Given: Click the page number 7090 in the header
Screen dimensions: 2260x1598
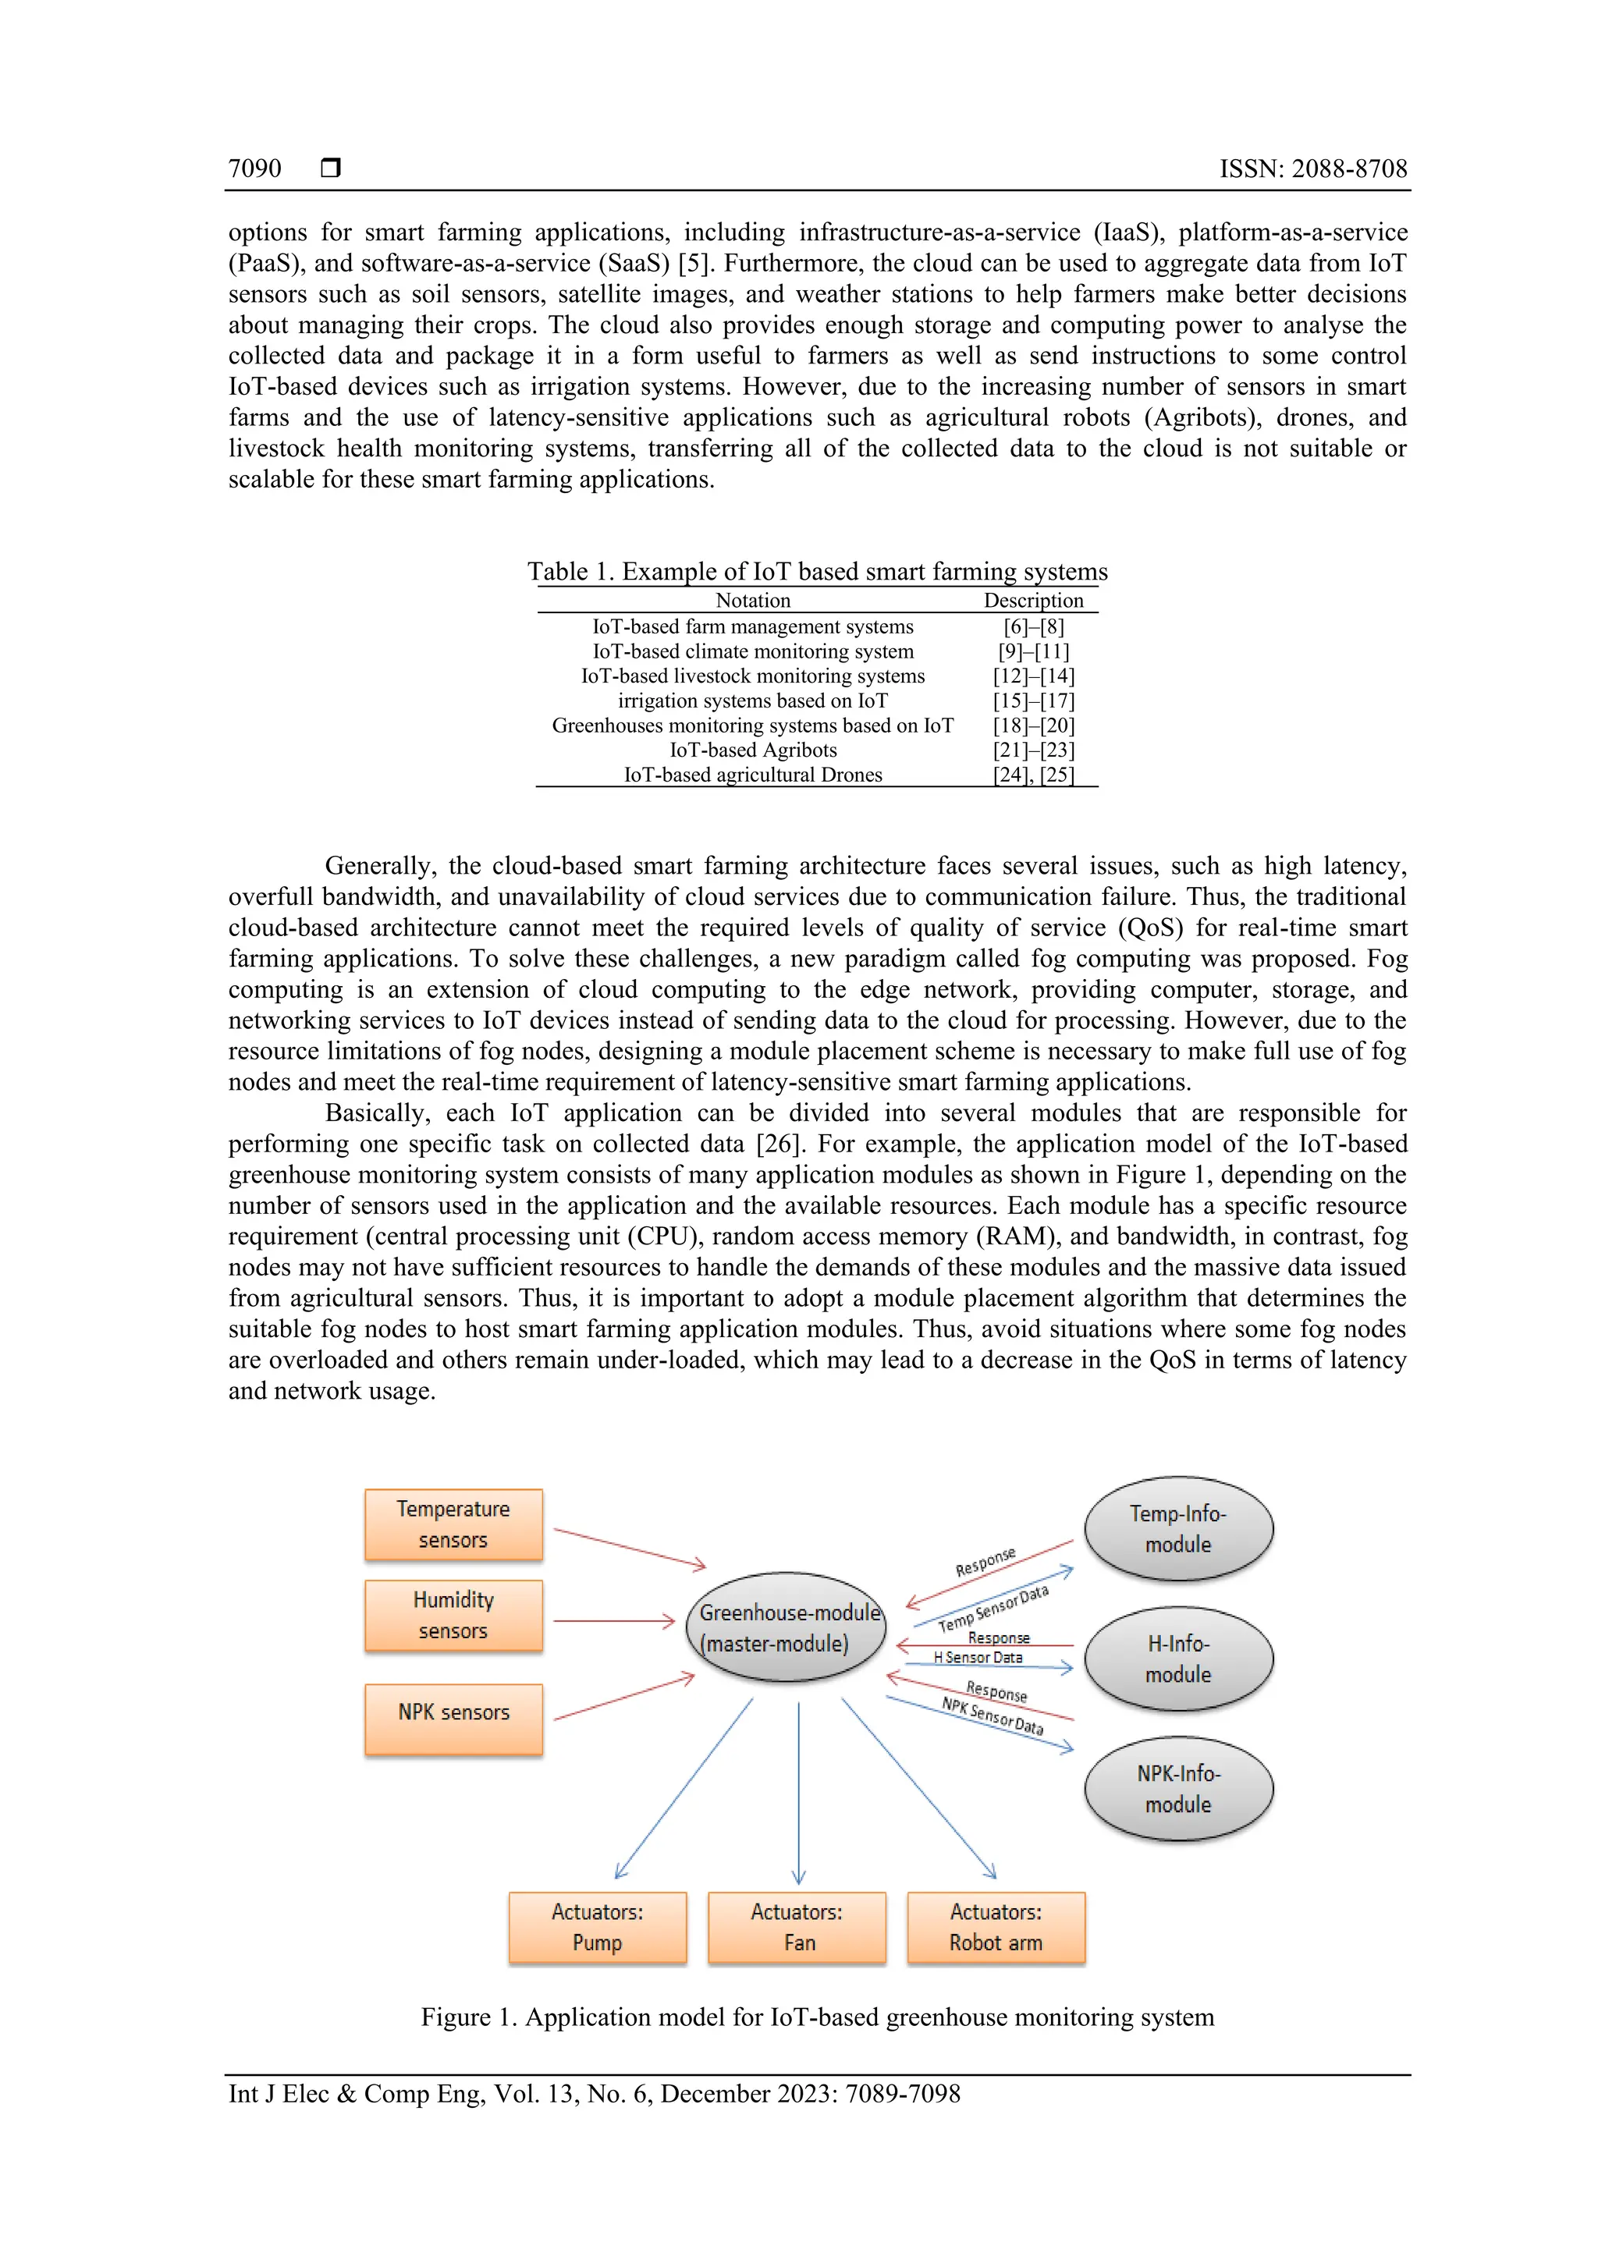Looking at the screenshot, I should (x=254, y=169).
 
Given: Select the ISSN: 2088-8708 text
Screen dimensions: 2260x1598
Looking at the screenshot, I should (x=1312, y=169).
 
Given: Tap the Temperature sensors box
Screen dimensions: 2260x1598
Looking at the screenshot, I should (x=453, y=1524).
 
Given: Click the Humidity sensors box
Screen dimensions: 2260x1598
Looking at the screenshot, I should (x=453, y=1616).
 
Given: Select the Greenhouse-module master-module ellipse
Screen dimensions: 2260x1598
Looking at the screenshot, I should (x=785, y=1627).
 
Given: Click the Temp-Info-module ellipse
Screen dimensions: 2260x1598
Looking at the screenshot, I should (x=1177, y=1529).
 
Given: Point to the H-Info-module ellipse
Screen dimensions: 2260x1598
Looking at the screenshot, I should (x=1177, y=1659).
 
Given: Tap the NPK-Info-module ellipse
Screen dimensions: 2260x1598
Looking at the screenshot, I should (x=1177, y=1789).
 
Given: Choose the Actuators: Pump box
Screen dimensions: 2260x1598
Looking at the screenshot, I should (x=597, y=1928).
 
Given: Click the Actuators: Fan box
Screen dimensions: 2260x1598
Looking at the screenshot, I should (x=797, y=1928).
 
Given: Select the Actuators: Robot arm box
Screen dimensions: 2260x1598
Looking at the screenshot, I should (x=996, y=1928).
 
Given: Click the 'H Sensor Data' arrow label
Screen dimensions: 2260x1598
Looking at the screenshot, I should (x=978, y=1658).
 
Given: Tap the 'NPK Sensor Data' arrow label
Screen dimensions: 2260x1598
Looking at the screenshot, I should (x=992, y=1715).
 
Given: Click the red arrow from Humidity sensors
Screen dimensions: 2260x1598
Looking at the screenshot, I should (x=613, y=1620).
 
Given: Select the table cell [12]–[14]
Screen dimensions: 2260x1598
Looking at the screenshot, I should (x=1033, y=676).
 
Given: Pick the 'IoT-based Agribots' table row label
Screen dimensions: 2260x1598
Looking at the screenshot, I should (x=753, y=750).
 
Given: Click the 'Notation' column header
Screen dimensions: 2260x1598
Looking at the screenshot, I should (x=752, y=601).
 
